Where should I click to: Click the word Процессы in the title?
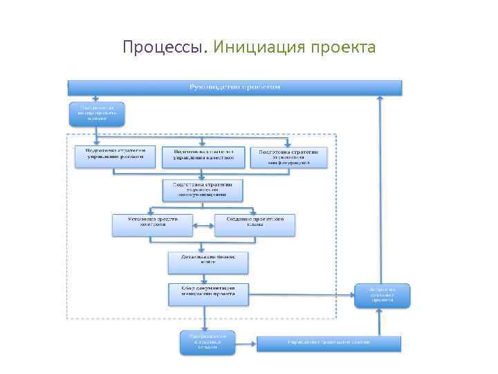click(x=165, y=47)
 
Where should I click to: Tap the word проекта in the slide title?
click(x=343, y=47)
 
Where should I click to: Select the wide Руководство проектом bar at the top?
click(x=234, y=87)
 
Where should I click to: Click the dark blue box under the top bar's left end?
click(x=97, y=114)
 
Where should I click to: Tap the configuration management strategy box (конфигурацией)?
click(x=288, y=157)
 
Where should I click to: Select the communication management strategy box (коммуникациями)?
click(x=203, y=190)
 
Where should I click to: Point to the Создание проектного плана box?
click(x=255, y=225)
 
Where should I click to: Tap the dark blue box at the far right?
click(x=382, y=295)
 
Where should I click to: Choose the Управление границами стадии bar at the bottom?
click(x=329, y=343)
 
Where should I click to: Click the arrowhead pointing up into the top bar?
click(x=379, y=99)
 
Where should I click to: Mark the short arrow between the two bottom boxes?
click(x=246, y=343)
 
